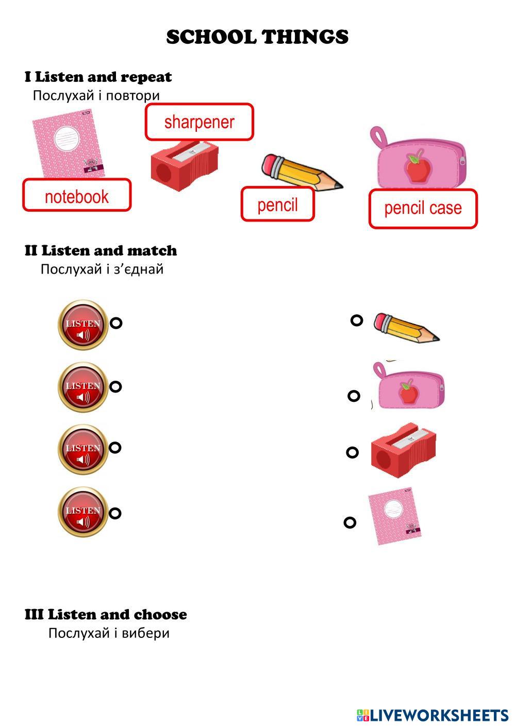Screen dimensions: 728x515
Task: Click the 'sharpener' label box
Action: pyautogui.click(x=199, y=122)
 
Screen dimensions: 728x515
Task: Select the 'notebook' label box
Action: pyautogui.click(x=77, y=195)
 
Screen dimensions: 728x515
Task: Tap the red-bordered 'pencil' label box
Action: pyautogui.click(x=277, y=205)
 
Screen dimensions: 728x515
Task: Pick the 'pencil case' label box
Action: pyautogui.click(x=423, y=208)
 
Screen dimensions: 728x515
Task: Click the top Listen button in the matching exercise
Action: pyautogui.click(x=82, y=324)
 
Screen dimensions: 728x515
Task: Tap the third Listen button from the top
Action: pyautogui.click(x=82, y=449)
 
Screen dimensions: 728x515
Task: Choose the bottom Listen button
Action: pyautogui.click(x=82, y=511)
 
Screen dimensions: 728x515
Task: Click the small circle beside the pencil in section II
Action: pyautogui.click(x=357, y=320)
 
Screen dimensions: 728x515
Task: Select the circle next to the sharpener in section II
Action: pyautogui.click(x=352, y=452)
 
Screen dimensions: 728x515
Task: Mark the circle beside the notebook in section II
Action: pyautogui.click(x=350, y=522)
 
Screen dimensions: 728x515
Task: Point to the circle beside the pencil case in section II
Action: pyautogui.click(x=354, y=396)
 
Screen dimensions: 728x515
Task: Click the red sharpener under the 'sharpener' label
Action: pyautogui.click(x=184, y=165)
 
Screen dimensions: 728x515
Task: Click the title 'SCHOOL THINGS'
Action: pyautogui.click(x=257, y=37)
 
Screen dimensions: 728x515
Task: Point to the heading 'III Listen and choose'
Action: pyautogui.click(x=106, y=614)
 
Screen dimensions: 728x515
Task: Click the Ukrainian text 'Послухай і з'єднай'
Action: pyautogui.click(x=102, y=269)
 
